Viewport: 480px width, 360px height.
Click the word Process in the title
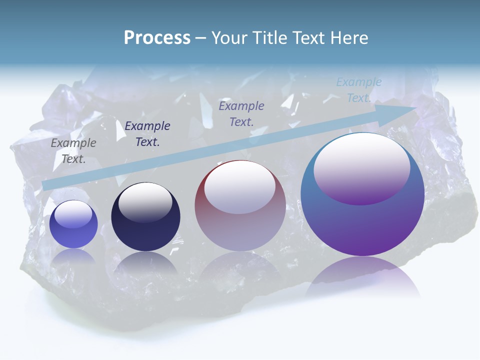point(157,38)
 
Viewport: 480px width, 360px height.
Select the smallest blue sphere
point(73,224)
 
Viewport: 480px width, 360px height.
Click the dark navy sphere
point(145,217)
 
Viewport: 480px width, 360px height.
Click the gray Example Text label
point(73,151)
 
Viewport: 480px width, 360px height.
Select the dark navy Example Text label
point(147,134)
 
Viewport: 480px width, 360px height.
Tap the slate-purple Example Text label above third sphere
point(241,113)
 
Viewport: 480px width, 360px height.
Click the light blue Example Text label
point(359,90)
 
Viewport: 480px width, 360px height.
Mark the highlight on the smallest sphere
point(73,214)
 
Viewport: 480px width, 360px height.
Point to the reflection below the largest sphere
point(362,277)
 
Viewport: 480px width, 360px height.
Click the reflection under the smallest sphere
point(73,256)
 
